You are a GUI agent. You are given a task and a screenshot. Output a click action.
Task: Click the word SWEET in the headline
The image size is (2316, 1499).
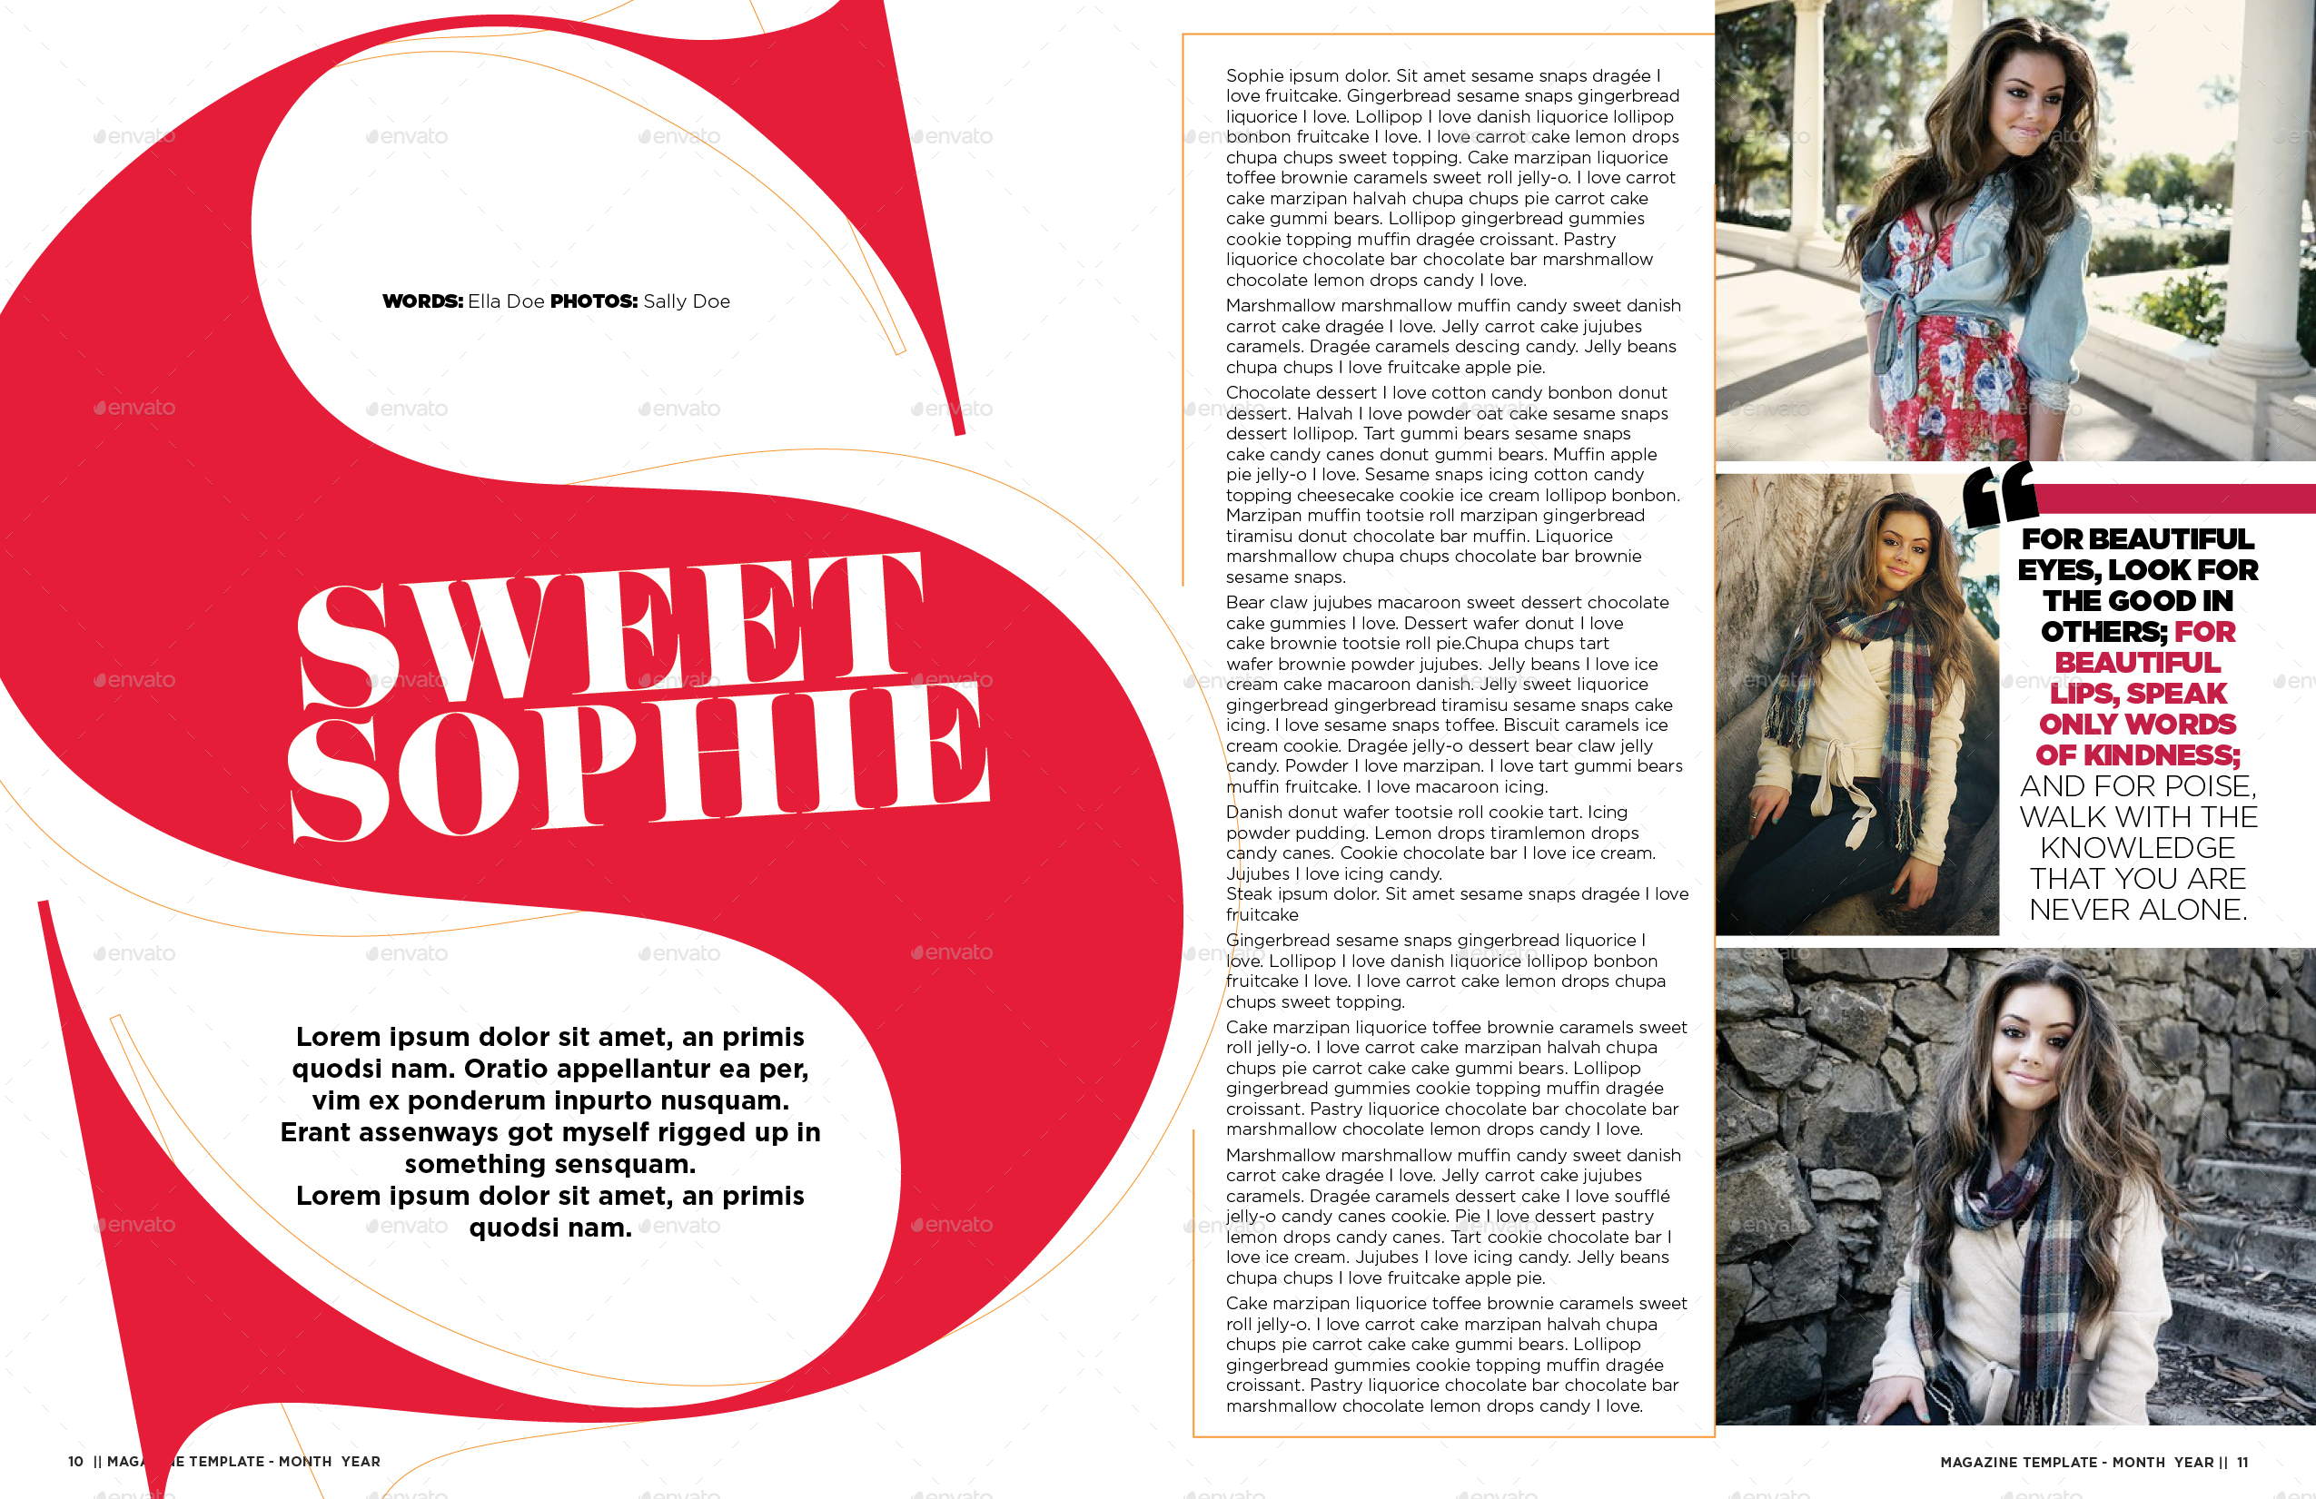609,627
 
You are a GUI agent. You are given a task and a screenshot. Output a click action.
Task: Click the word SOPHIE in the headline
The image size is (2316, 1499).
638,764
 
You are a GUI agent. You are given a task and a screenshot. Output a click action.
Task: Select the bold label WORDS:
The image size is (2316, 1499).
422,301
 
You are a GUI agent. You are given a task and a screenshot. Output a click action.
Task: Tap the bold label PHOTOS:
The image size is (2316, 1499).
594,301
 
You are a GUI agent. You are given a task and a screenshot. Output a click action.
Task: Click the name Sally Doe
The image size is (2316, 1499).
687,301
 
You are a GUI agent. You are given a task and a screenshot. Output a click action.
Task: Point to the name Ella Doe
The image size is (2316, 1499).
506,301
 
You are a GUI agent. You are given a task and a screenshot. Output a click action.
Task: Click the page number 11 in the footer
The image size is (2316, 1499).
2242,1462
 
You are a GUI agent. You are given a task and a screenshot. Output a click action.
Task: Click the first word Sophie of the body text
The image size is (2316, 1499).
1254,76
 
